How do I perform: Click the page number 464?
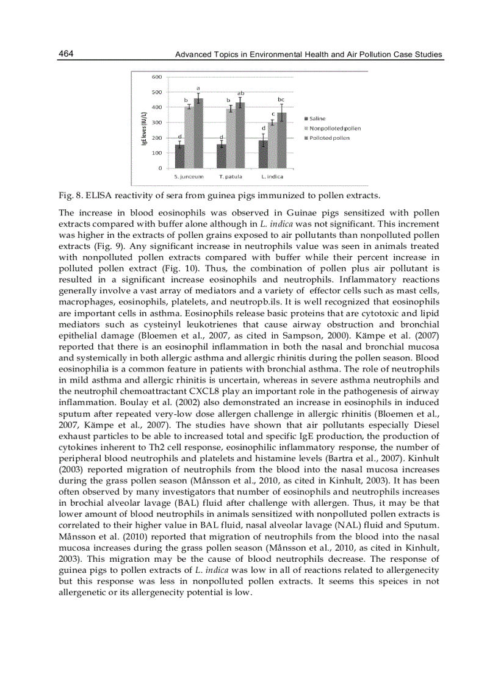pos(66,54)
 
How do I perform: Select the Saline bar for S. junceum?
pos(180,156)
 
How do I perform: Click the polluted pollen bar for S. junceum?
pos(198,133)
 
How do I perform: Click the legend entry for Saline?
pos(314,118)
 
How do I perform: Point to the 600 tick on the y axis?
pos(157,77)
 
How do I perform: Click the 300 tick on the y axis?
pos(157,123)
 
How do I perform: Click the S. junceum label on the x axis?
pos(189,176)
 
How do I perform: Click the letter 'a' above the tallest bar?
pos(198,88)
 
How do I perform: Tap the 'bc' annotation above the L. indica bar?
pos(281,99)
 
